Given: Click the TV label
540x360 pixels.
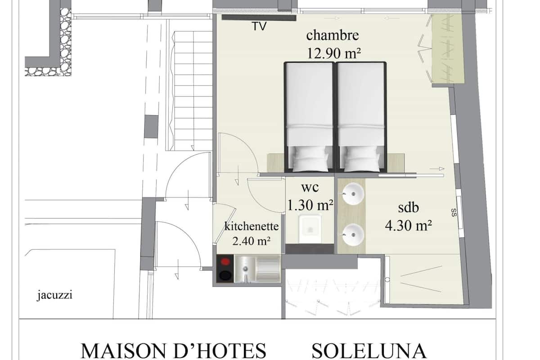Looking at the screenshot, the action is click(x=259, y=26).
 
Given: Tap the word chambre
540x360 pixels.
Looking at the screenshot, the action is click(x=333, y=36).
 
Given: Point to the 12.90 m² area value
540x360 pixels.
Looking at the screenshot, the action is click(x=333, y=53).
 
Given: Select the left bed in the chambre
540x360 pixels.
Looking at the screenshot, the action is click(x=310, y=117).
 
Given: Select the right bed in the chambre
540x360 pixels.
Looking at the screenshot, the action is click(x=361, y=117).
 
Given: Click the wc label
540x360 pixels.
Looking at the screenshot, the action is click(x=310, y=188).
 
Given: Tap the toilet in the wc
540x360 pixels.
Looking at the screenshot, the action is click(x=310, y=228).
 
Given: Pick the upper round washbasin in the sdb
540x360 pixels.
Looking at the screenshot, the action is click(x=353, y=193).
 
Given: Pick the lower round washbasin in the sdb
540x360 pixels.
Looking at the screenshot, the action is click(x=353, y=234).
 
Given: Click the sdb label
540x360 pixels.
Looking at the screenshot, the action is click(x=409, y=207).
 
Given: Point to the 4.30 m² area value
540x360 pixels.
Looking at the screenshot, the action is click(x=409, y=226).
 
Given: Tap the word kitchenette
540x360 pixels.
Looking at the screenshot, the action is click(x=252, y=226).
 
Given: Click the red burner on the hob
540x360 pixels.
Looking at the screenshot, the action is click(x=225, y=261).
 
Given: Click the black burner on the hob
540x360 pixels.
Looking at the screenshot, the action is click(x=225, y=275).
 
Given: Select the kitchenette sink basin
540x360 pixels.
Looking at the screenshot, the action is click(x=245, y=269).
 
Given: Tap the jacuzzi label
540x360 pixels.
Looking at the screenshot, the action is click(x=54, y=295).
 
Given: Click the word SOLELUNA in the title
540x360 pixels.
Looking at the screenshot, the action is click(x=369, y=351).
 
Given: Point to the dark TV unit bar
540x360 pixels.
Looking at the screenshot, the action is click(x=259, y=18).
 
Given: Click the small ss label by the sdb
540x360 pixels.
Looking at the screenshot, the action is click(x=454, y=212).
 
